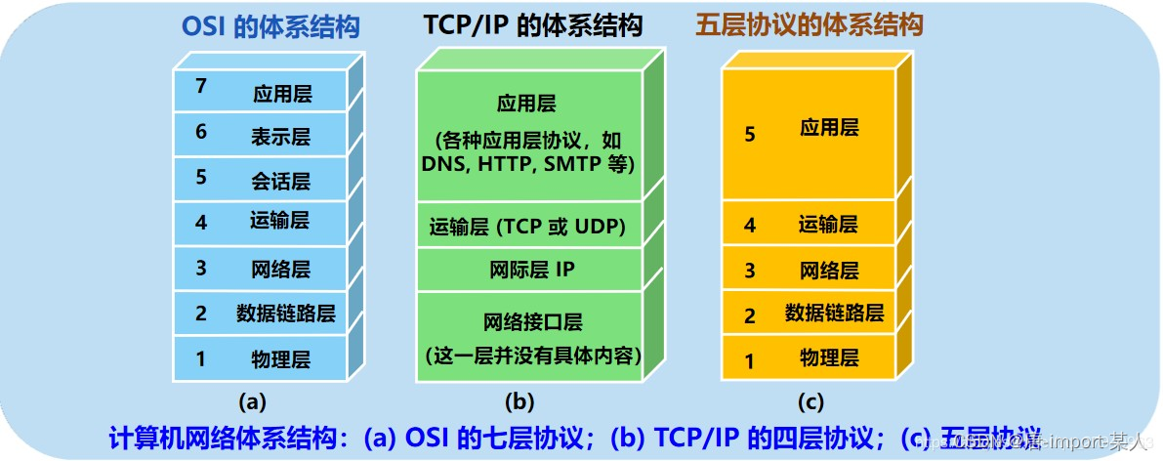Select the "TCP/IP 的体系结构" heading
pyautogui.click(x=533, y=27)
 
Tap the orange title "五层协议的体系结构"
pyautogui.click(x=810, y=27)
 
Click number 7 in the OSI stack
pyautogui.click(x=200, y=87)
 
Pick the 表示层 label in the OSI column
pyautogui.click(x=280, y=137)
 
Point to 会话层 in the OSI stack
pyautogui.click(x=280, y=182)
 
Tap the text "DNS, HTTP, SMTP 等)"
pyautogui.click(x=528, y=165)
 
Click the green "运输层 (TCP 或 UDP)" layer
pyautogui.click(x=528, y=229)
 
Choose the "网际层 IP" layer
pyautogui.click(x=532, y=271)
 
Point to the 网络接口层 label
pyautogui.click(x=532, y=321)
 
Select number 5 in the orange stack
pyautogui.click(x=750, y=135)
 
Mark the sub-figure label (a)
pyautogui.click(x=252, y=401)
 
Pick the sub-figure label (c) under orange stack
pyautogui.click(x=810, y=401)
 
